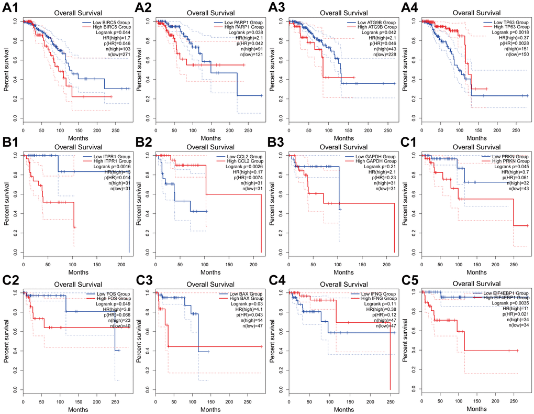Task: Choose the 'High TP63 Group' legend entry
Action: tap(505, 29)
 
